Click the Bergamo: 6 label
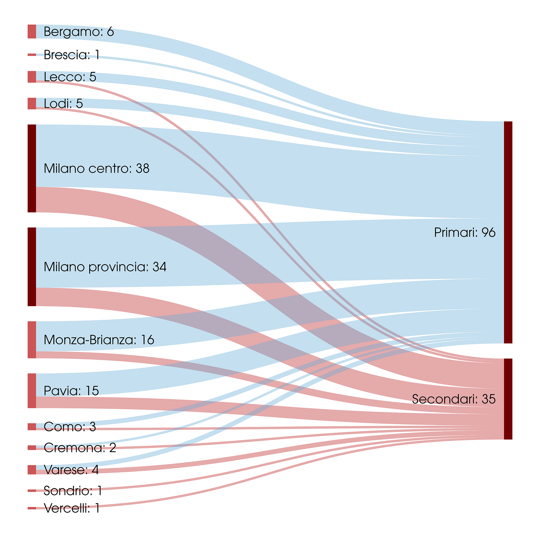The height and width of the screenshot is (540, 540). pos(79,32)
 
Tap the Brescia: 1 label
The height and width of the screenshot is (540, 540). pos(71,55)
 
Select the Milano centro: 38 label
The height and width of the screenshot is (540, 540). pos(97,168)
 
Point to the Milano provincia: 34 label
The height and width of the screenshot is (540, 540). pos(105,267)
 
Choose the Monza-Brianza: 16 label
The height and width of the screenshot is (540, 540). pos(99,340)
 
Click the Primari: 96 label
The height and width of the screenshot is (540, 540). pos(465,233)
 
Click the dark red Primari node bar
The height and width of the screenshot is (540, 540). pos(508,232)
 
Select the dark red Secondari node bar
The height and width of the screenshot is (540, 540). pos(508,399)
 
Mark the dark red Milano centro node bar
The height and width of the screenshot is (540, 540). pos(32,168)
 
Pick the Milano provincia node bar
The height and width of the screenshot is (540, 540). pos(32,267)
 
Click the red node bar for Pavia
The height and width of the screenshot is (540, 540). pos(32,391)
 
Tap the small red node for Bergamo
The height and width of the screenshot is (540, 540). pos(32,32)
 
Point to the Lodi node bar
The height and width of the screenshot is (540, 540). pos(32,103)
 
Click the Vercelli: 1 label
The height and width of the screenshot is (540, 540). pos(71,508)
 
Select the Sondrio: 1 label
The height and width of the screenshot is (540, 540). pos(73,491)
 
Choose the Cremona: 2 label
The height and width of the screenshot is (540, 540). pos(80,448)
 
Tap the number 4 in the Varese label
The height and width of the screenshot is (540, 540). pos(95,470)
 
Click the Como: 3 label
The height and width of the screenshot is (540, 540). pos(70,427)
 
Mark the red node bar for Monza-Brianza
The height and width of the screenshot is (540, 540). pos(32,340)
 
